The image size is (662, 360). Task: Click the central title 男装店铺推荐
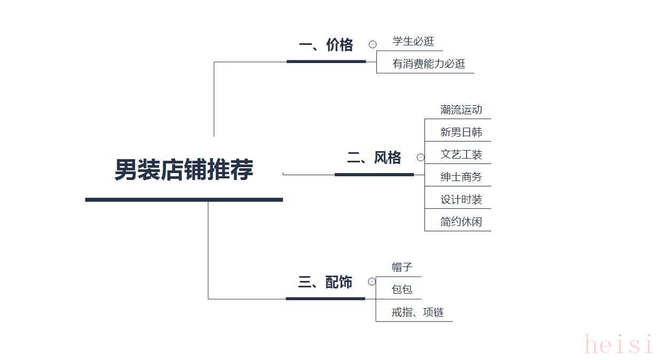[184, 169]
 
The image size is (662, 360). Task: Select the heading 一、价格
[326, 45]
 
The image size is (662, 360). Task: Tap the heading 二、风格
[374, 157]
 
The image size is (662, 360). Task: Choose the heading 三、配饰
[325, 282]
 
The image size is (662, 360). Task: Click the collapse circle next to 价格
[373, 44]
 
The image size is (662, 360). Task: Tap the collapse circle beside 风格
[421, 157]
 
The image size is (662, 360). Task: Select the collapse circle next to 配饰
[372, 281]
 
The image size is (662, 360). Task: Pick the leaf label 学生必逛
[413, 41]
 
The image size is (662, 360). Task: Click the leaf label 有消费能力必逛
[429, 64]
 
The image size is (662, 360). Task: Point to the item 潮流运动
[461, 109]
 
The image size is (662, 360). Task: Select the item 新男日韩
[461, 132]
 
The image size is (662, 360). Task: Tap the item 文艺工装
[461, 154]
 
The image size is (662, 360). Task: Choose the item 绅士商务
[461, 177]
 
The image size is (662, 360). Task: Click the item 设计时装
[461, 199]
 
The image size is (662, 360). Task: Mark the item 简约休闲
[461, 222]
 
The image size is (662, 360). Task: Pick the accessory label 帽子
[402, 267]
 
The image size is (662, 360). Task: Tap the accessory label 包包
[402, 289]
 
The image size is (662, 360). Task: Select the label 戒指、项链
[417, 312]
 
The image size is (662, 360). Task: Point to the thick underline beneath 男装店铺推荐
[184, 200]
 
